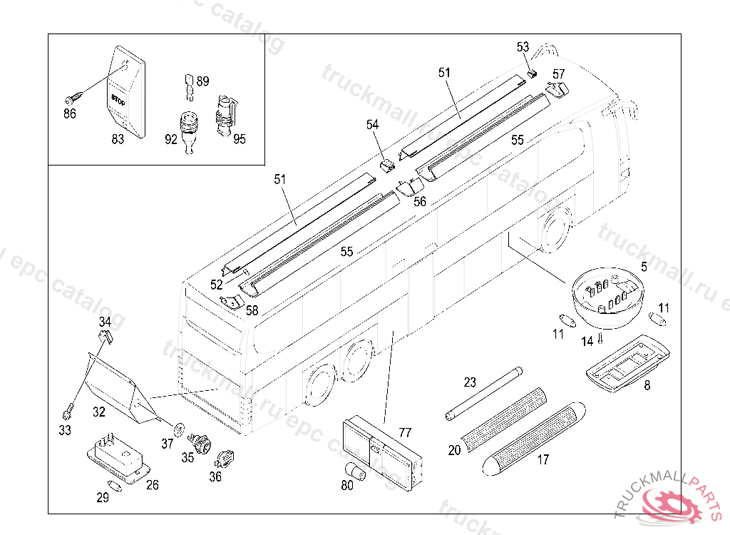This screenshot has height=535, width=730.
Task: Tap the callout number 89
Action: pyautogui.click(x=202, y=81)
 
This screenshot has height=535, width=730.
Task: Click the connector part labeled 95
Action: pyautogui.click(x=225, y=114)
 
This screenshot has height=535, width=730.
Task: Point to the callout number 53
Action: pyautogui.click(x=523, y=47)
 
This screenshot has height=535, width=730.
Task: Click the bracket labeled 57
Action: pyautogui.click(x=558, y=89)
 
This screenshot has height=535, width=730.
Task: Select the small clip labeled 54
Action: pyautogui.click(x=387, y=166)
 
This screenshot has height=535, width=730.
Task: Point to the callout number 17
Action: pyautogui.click(x=543, y=460)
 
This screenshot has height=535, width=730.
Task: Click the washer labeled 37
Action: pyautogui.click(x=179, y=427)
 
